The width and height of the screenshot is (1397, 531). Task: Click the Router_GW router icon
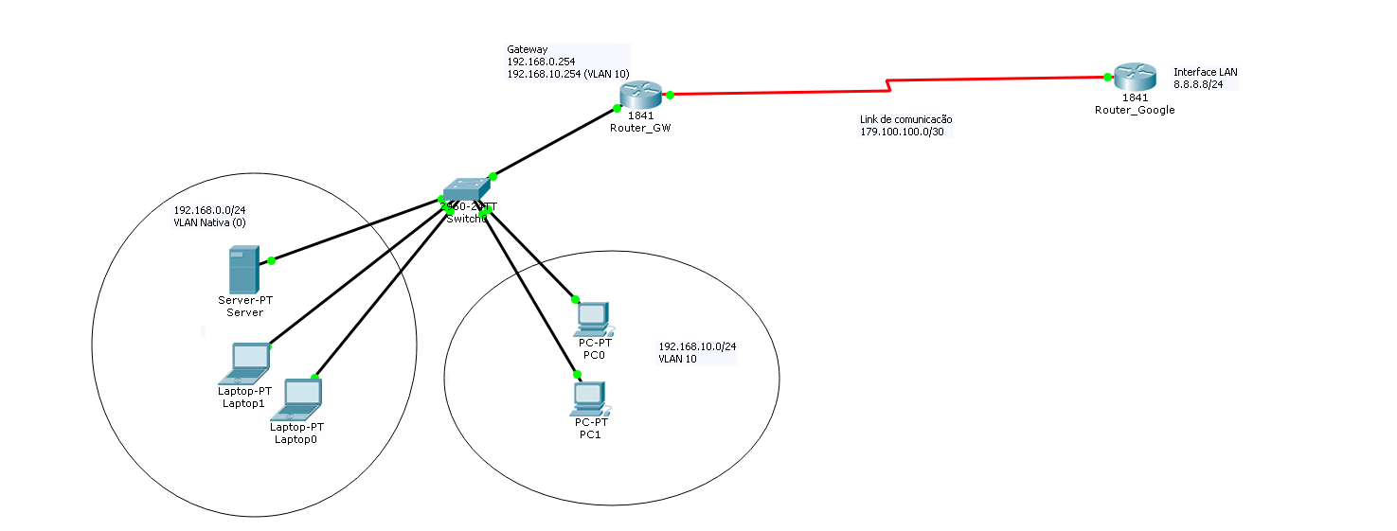(640, 95)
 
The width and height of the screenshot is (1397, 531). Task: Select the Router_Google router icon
(1133, 77)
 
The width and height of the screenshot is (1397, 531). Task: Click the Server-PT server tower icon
(242, 270)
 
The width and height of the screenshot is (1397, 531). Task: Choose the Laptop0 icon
(298, 398)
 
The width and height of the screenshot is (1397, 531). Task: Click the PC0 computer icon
(593, 319)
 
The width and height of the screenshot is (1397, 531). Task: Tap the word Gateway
(527, 49)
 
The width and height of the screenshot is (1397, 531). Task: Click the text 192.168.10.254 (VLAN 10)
(568, 73)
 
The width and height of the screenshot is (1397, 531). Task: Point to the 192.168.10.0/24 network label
(697, 346)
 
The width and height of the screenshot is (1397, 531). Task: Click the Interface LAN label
(1205, 72)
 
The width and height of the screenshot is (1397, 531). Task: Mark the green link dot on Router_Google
(1106, 77)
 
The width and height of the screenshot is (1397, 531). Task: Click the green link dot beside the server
(271, 260)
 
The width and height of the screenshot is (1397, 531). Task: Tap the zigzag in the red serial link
(887, 86)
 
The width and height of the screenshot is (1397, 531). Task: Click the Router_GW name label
(640, 128)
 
